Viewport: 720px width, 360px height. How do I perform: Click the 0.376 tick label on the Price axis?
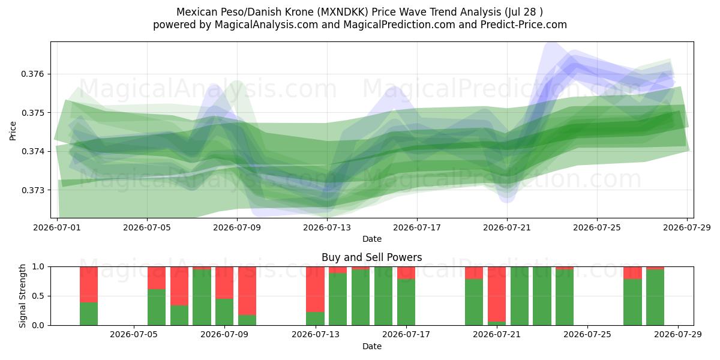[32, 74]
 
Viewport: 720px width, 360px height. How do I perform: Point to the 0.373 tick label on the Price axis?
[32, 190]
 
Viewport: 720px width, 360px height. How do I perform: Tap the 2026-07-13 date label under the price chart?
[327, 227]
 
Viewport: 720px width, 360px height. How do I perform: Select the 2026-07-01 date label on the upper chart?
[57, 227]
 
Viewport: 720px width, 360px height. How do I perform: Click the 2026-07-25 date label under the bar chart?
[588, 335]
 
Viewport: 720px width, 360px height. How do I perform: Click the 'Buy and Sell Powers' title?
[372, 257]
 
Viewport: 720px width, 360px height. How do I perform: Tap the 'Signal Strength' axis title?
[22, 296]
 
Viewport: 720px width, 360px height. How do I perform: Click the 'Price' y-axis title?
[13, 131]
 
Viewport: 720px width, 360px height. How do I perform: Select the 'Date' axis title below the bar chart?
[372, 346]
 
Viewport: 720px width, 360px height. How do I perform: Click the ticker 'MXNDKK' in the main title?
[344, 12]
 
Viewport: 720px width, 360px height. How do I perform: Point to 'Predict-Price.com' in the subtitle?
[524, 25]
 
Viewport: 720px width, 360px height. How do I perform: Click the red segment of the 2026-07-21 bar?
[497, 294]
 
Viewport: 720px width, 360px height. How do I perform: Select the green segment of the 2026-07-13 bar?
[316, 319]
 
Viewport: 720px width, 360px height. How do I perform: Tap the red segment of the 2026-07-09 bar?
[247, 291]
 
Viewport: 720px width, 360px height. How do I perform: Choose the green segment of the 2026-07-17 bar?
[406, 302]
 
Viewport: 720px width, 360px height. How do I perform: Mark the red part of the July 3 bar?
[89, 284]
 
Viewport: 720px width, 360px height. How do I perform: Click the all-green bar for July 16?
[383, 296]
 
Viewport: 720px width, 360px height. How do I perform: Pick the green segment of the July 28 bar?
[655, 298]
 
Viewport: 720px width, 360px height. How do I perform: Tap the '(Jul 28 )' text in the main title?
[524, 12]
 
